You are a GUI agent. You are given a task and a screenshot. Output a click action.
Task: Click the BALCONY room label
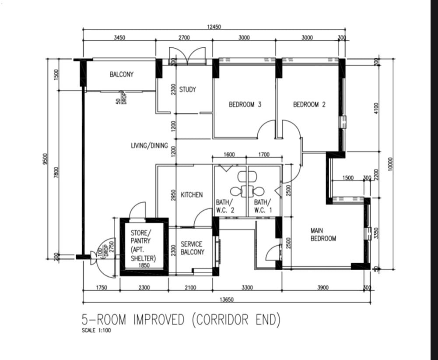[122, 74]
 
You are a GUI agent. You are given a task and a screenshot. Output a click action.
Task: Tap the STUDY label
[187, 89]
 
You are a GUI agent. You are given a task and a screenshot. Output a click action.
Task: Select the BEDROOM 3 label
[245, 105]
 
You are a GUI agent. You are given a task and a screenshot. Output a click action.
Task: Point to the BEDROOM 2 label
[309, 105]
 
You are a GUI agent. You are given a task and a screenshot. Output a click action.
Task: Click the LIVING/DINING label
[150, 145]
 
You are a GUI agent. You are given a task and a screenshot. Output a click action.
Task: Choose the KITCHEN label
[192, 194]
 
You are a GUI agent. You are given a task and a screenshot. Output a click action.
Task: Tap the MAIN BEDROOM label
[323, 234]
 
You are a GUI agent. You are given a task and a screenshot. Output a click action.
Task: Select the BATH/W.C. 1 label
[263, 206]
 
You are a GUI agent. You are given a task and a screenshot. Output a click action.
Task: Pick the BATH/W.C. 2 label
[224, 206]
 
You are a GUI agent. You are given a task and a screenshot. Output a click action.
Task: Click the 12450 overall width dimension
[214, 27]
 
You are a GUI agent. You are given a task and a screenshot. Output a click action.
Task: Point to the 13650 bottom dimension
[227, 300]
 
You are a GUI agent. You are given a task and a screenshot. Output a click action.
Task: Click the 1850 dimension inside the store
[144, 265]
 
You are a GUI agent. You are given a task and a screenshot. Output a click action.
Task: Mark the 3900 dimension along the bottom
[323, 287]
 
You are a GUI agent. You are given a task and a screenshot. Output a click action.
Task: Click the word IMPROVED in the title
[159, 320]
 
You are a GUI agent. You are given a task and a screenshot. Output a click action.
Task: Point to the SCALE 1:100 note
[96, 330]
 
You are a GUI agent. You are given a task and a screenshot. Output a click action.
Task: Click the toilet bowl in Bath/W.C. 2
[237, 192]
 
